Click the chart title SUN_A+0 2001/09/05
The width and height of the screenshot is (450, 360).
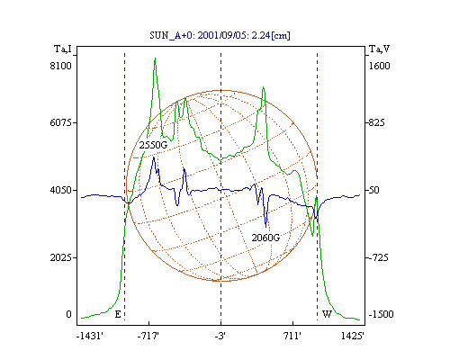coord(220,35)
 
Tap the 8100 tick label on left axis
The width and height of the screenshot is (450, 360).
coord(60,66)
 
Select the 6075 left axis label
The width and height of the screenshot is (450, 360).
coord(60,122)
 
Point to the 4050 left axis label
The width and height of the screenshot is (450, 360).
coord(60,190)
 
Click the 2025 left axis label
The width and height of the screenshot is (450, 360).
coord(60,257)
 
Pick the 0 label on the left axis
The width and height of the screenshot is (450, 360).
coord(68,314)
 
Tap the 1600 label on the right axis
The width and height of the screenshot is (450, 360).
coord(379,66)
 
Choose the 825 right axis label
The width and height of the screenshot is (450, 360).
coord(376,122)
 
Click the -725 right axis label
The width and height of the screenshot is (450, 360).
coord(378,257)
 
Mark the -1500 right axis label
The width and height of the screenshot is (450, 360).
coord(381,314)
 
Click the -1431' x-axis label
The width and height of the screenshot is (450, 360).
coord(90,336)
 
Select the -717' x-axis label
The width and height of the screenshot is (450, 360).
coord(148,336)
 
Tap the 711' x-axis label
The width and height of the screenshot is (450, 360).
coord(292,336)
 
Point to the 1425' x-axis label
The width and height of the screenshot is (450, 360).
coord(353,336)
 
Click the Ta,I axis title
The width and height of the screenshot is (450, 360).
coord(63,49)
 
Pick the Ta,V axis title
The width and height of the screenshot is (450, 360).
coord(379,49)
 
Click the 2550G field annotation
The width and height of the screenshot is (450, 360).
coord(153,145)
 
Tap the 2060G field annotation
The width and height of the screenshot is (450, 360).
coord(265,238)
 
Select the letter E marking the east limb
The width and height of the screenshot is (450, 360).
coord(118,314)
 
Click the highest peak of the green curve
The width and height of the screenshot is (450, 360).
coord(155,58)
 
